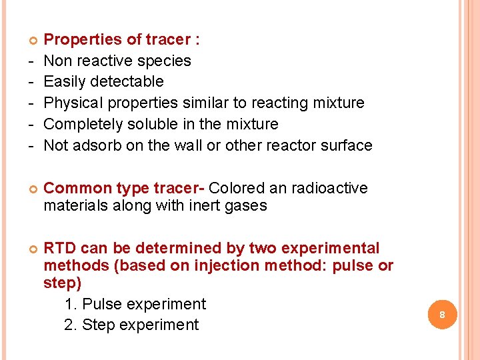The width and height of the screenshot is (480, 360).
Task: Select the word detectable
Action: [x=129, y=82]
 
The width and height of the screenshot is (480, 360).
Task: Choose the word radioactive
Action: [x=327, y=189]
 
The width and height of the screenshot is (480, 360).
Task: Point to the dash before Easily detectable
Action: [x=13, y=82]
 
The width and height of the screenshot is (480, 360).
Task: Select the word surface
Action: [x=342, y=145]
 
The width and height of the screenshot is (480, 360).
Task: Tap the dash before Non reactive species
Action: [x=13, y=61]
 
